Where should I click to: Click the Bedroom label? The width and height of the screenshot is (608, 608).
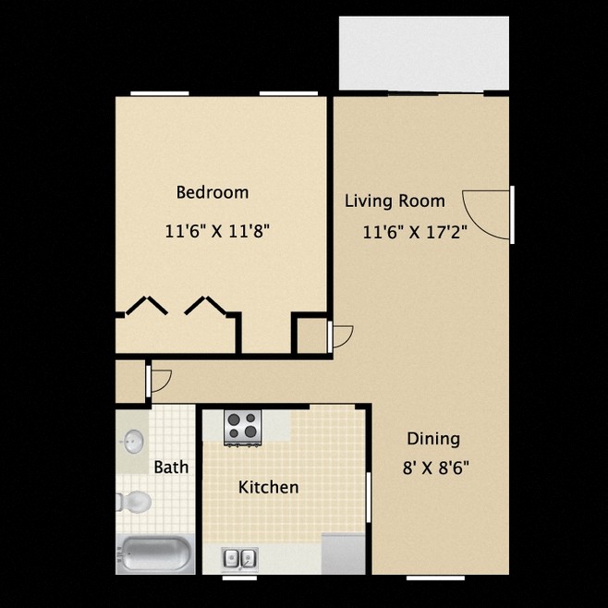tap(212, 192)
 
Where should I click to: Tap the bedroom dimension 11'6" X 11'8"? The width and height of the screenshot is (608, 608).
tap(216, 231)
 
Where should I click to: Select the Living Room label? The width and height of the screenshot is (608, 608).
tap(395, 201)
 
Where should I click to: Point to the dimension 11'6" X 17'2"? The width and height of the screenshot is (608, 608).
tap(414, 232)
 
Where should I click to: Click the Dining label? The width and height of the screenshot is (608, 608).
tap(433, 439)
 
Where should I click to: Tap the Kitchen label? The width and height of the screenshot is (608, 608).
tap(268, 487)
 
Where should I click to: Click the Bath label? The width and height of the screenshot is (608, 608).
tap(171, 467)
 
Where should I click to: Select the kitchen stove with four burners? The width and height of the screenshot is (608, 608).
tap(244, 427)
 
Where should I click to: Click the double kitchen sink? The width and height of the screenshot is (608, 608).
tap(240, 557)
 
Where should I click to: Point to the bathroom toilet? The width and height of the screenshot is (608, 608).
tap(135, 502)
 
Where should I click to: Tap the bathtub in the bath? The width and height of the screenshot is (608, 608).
tap(154, 554)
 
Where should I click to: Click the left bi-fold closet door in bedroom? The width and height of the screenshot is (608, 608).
tap(145, 306)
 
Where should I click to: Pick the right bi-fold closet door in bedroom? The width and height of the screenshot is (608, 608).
tap(205, 306)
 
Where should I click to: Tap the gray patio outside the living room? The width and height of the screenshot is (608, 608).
tap(423, 53)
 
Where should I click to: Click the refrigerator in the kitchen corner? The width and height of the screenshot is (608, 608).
tap(344, 553)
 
